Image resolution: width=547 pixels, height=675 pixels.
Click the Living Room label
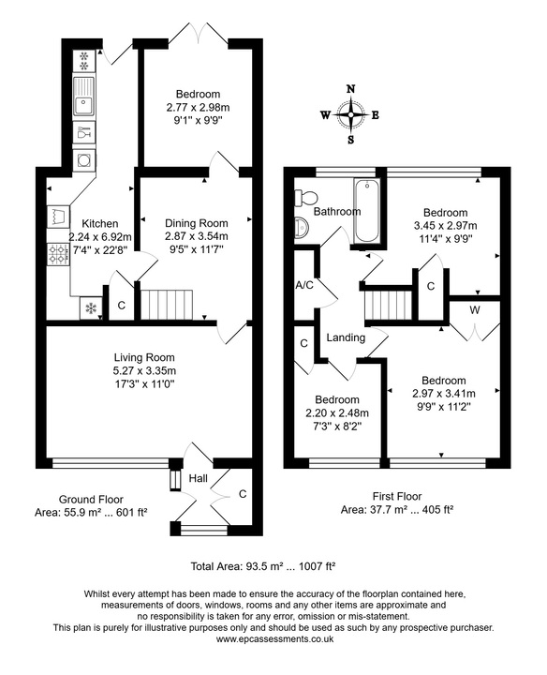144,357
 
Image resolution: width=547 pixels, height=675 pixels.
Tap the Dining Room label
197,223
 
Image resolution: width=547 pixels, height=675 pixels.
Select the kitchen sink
84,97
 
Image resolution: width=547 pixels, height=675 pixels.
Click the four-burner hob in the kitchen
58,253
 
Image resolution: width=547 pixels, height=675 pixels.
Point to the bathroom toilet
305,198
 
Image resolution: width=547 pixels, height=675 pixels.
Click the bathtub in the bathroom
366,211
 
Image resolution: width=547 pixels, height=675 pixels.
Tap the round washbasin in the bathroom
302,227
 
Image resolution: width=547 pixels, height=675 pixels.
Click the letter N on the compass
351,89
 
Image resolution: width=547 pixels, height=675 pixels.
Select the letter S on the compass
351,140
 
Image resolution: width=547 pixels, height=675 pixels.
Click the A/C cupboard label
304,285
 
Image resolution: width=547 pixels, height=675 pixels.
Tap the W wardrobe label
475,310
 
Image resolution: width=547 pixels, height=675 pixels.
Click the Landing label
346,337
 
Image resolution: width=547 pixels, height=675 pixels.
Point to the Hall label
199,478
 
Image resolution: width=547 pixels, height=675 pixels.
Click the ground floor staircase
167,305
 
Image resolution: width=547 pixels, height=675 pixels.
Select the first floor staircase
389,306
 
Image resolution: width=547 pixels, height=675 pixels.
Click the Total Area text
263,566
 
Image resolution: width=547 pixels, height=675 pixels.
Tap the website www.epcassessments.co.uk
274,638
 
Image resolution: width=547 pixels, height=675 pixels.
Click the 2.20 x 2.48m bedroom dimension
337,413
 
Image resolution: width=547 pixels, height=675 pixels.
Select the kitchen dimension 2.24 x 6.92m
100,237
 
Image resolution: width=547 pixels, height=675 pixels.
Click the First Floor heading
397,496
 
